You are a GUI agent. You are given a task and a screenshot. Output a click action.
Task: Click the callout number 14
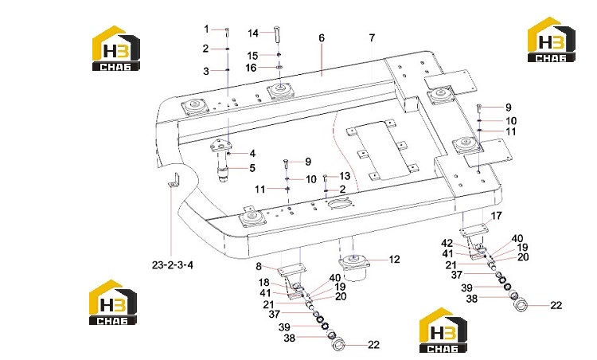253,33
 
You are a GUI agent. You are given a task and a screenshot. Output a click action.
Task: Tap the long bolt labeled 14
277,34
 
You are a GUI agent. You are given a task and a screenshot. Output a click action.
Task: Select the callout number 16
251,68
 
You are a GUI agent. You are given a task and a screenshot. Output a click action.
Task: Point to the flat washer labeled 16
279,68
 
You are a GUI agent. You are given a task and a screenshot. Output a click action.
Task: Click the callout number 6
322,37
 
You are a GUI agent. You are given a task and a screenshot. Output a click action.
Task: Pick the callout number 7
372,37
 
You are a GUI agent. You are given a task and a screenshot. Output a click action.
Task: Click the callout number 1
206,29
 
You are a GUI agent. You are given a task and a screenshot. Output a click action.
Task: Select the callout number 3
206,71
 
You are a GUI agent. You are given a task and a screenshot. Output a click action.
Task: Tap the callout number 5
252,168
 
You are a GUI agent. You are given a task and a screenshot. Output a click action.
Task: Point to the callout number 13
345,176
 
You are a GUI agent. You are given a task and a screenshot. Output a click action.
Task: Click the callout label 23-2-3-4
173,264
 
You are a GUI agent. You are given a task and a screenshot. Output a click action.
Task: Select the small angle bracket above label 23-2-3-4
174,180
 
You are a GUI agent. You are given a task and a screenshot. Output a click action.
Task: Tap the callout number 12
395,260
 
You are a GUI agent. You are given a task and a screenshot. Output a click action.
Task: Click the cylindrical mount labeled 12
354,268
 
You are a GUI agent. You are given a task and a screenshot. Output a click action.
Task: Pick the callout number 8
259,266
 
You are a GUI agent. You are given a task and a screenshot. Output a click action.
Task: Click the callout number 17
496,216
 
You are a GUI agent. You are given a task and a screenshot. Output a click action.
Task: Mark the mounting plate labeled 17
474,230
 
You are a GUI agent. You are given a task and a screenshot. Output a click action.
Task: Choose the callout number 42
447,243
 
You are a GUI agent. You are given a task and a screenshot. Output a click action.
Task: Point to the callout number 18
263,283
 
